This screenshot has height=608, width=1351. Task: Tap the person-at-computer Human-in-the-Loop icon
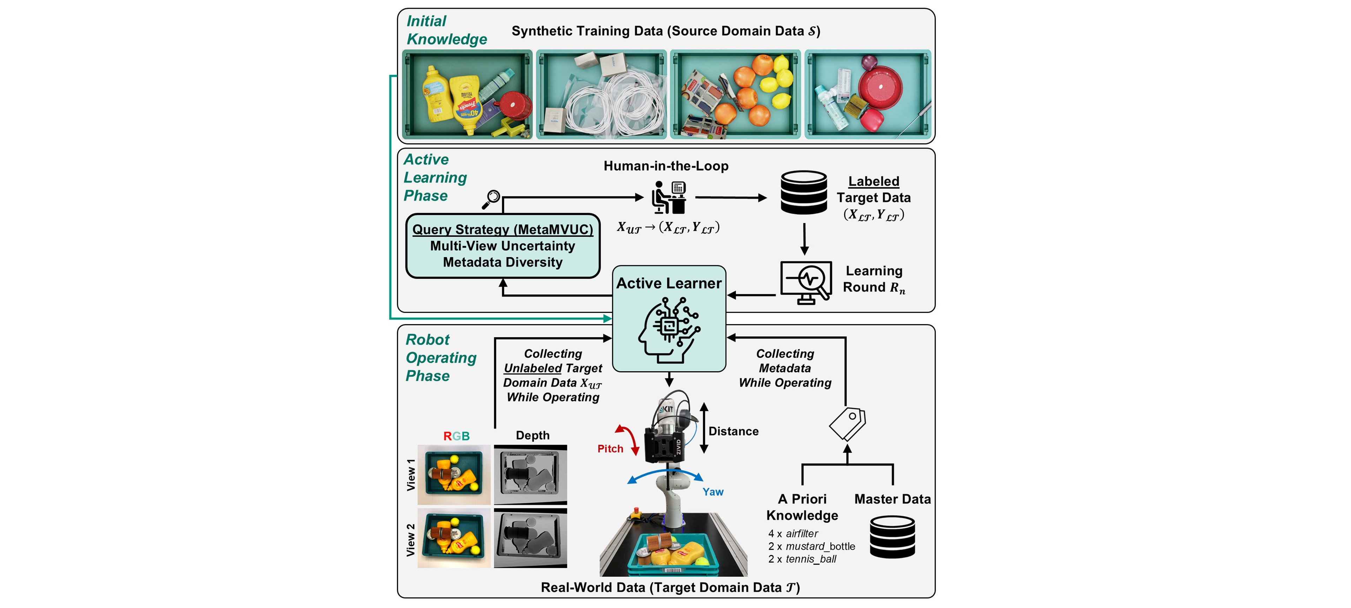click(x=669, y=197)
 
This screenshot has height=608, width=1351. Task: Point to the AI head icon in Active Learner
click(x=669, y=330)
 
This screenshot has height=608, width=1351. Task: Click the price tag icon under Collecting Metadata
click(x=848, y=423)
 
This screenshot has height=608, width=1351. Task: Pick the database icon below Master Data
click(x=892, y=537)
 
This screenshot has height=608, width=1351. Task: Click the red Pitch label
click(x=610, y=449)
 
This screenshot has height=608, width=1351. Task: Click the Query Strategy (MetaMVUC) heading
click(x=502, y=229)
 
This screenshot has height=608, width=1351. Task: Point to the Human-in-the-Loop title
click(x=665, y=166)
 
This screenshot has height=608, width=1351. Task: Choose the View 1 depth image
click(x=530, y=474)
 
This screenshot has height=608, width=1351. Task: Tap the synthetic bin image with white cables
click(x=601, y=94)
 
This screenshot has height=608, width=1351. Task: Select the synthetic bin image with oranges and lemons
click(x=735, y=94)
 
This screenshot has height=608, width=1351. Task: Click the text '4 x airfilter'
click(x=793, y=534)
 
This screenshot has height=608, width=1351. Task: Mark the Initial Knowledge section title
click(x=446, y=30)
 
